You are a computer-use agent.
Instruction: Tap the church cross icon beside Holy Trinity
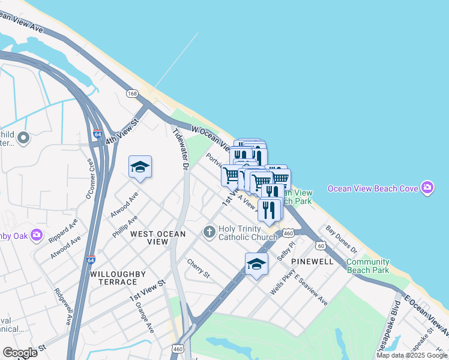pyautogui.click(x=209, y=231)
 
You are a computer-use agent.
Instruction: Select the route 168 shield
pyautogui.click(x=132, y=93)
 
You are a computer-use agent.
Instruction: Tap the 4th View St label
pyautogui.click(x=122, y=131)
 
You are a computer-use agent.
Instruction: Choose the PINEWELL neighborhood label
pyautogui.click(x=312, y=262)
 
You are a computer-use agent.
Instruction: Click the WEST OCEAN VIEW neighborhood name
pyautogui.click(x=158, y=238)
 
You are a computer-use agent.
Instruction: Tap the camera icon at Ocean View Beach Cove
pyautogui.click(x=427, y=188)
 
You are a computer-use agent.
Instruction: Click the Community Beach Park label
pyautogui.click(x=368, y=266)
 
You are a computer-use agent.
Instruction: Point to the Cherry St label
pyautogui.click(x=198, y=268)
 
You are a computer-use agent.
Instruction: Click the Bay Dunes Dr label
pyautogui.click(x=342, y=239)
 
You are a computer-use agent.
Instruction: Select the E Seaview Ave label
pyautogui.click(x=311, y=292)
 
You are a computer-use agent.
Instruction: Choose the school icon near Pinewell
pyautogui.click(x=256, y=264)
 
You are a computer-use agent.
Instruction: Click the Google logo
pyautogui.click(x=20, y=353)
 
